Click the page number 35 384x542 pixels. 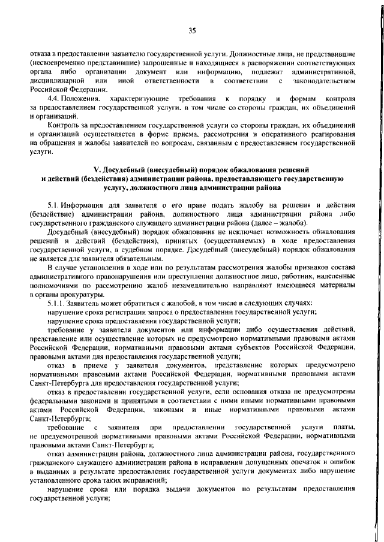192,31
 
